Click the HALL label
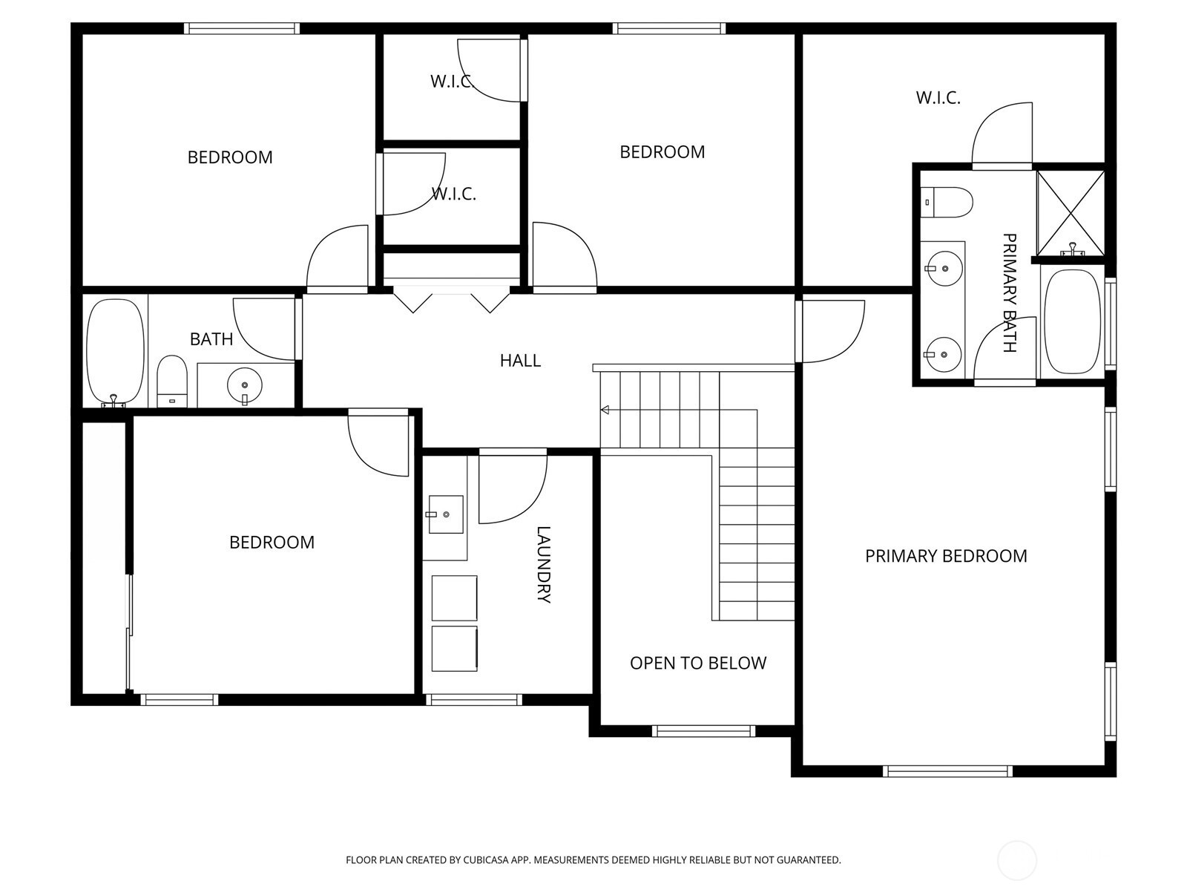520,360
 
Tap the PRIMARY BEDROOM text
946,556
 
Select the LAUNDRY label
543,564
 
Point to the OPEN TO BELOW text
697,664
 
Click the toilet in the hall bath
172,382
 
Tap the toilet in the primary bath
947,203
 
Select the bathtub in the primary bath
1072,322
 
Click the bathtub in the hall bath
115,352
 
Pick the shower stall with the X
1071,212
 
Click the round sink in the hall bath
244,385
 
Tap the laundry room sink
446,514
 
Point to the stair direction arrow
605,410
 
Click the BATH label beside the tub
211,339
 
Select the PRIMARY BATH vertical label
1009,292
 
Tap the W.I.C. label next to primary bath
938,98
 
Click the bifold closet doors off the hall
452,302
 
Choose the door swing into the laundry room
513,489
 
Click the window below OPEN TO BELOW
703,731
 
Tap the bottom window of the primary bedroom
947,771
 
